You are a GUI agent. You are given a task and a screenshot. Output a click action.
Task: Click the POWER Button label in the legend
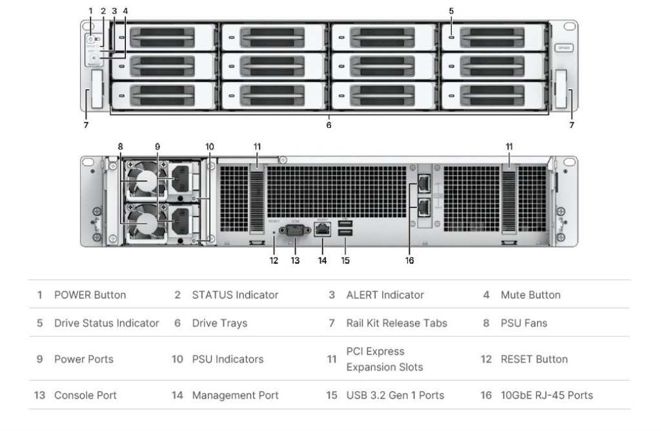pyautogui.click(x=90, y=295)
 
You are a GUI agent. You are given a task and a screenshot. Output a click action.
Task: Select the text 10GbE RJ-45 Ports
pyautogui.click(x=547, y=395)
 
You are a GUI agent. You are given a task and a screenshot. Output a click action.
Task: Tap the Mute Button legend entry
pyautogui.click(x=531, y=295)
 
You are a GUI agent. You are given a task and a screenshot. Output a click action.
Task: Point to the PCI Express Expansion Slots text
pyautogui.click(x=385, y=359)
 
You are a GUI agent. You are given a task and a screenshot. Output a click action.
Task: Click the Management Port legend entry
pyautogui.click(x=235, y=395)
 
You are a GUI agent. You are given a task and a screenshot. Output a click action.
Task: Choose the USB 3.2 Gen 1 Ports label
pyautogui.click(x=395, y=395)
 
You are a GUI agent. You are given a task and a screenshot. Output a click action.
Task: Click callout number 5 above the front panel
pyautogui.click(x=451, y=10)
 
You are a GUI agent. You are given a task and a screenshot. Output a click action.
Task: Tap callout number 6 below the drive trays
pyautogui.click(x=329, y=125)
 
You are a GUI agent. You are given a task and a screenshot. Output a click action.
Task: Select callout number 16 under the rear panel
pyautogui.click(x=409, y=260)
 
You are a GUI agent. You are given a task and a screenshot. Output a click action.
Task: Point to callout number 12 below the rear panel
pyautogui.click(x=274, y=260)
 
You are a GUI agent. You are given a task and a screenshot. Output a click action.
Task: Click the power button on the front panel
pyautogui.click(x=90, y=39)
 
